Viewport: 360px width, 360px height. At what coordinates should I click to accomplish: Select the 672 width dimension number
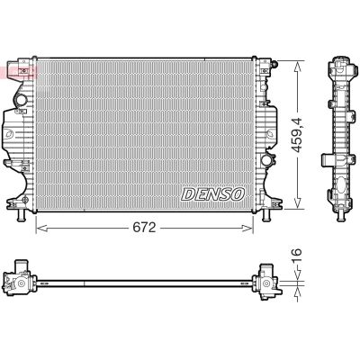click(145, 229)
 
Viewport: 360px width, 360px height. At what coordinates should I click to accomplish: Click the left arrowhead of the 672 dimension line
click(39, 229)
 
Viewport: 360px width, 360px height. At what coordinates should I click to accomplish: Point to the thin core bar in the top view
click(144, 280)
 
